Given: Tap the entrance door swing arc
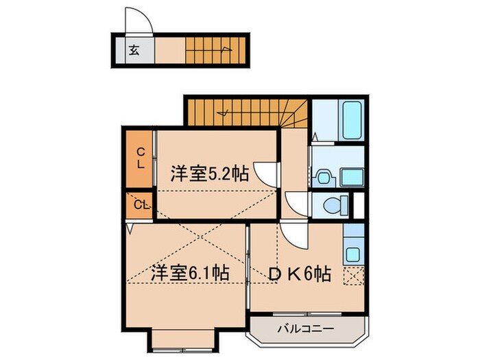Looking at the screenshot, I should click(x=135, y=21).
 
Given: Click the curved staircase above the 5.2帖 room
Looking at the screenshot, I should click(x=247, y=111).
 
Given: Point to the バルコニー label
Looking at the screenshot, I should click(x=305, y=329).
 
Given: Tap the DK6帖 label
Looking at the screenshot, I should click(x=300, y=274).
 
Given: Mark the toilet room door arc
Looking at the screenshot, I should click(x=296, y=204).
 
